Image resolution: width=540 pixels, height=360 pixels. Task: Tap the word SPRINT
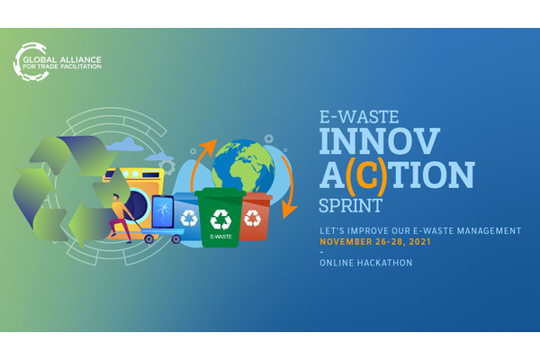(x=350, y=206)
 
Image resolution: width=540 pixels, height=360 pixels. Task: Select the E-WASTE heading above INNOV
(x=359, y=117)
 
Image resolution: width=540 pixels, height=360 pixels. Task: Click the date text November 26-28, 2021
(x=375, y=242)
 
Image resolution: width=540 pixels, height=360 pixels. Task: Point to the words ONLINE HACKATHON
(x=365, y=263)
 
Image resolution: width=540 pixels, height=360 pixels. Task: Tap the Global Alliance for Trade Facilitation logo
(x=58, y=62)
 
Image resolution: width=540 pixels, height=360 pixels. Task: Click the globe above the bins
(x=243, y=166)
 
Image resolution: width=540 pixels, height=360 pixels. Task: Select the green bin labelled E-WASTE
(x=220, y=217)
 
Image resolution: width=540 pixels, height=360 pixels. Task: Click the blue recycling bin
(x=186, y=217)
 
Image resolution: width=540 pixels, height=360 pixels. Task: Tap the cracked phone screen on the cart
(x=163, y=211)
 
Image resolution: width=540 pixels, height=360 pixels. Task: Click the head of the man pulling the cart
(x=116, y=197)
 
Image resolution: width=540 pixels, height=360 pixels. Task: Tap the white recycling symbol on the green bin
(x=220, y=220)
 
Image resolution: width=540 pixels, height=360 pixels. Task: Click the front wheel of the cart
(x=176, y=238)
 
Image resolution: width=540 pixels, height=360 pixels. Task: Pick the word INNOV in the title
(x=380, y=141)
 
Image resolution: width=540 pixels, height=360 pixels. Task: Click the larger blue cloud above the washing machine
(x=125, y=145)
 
